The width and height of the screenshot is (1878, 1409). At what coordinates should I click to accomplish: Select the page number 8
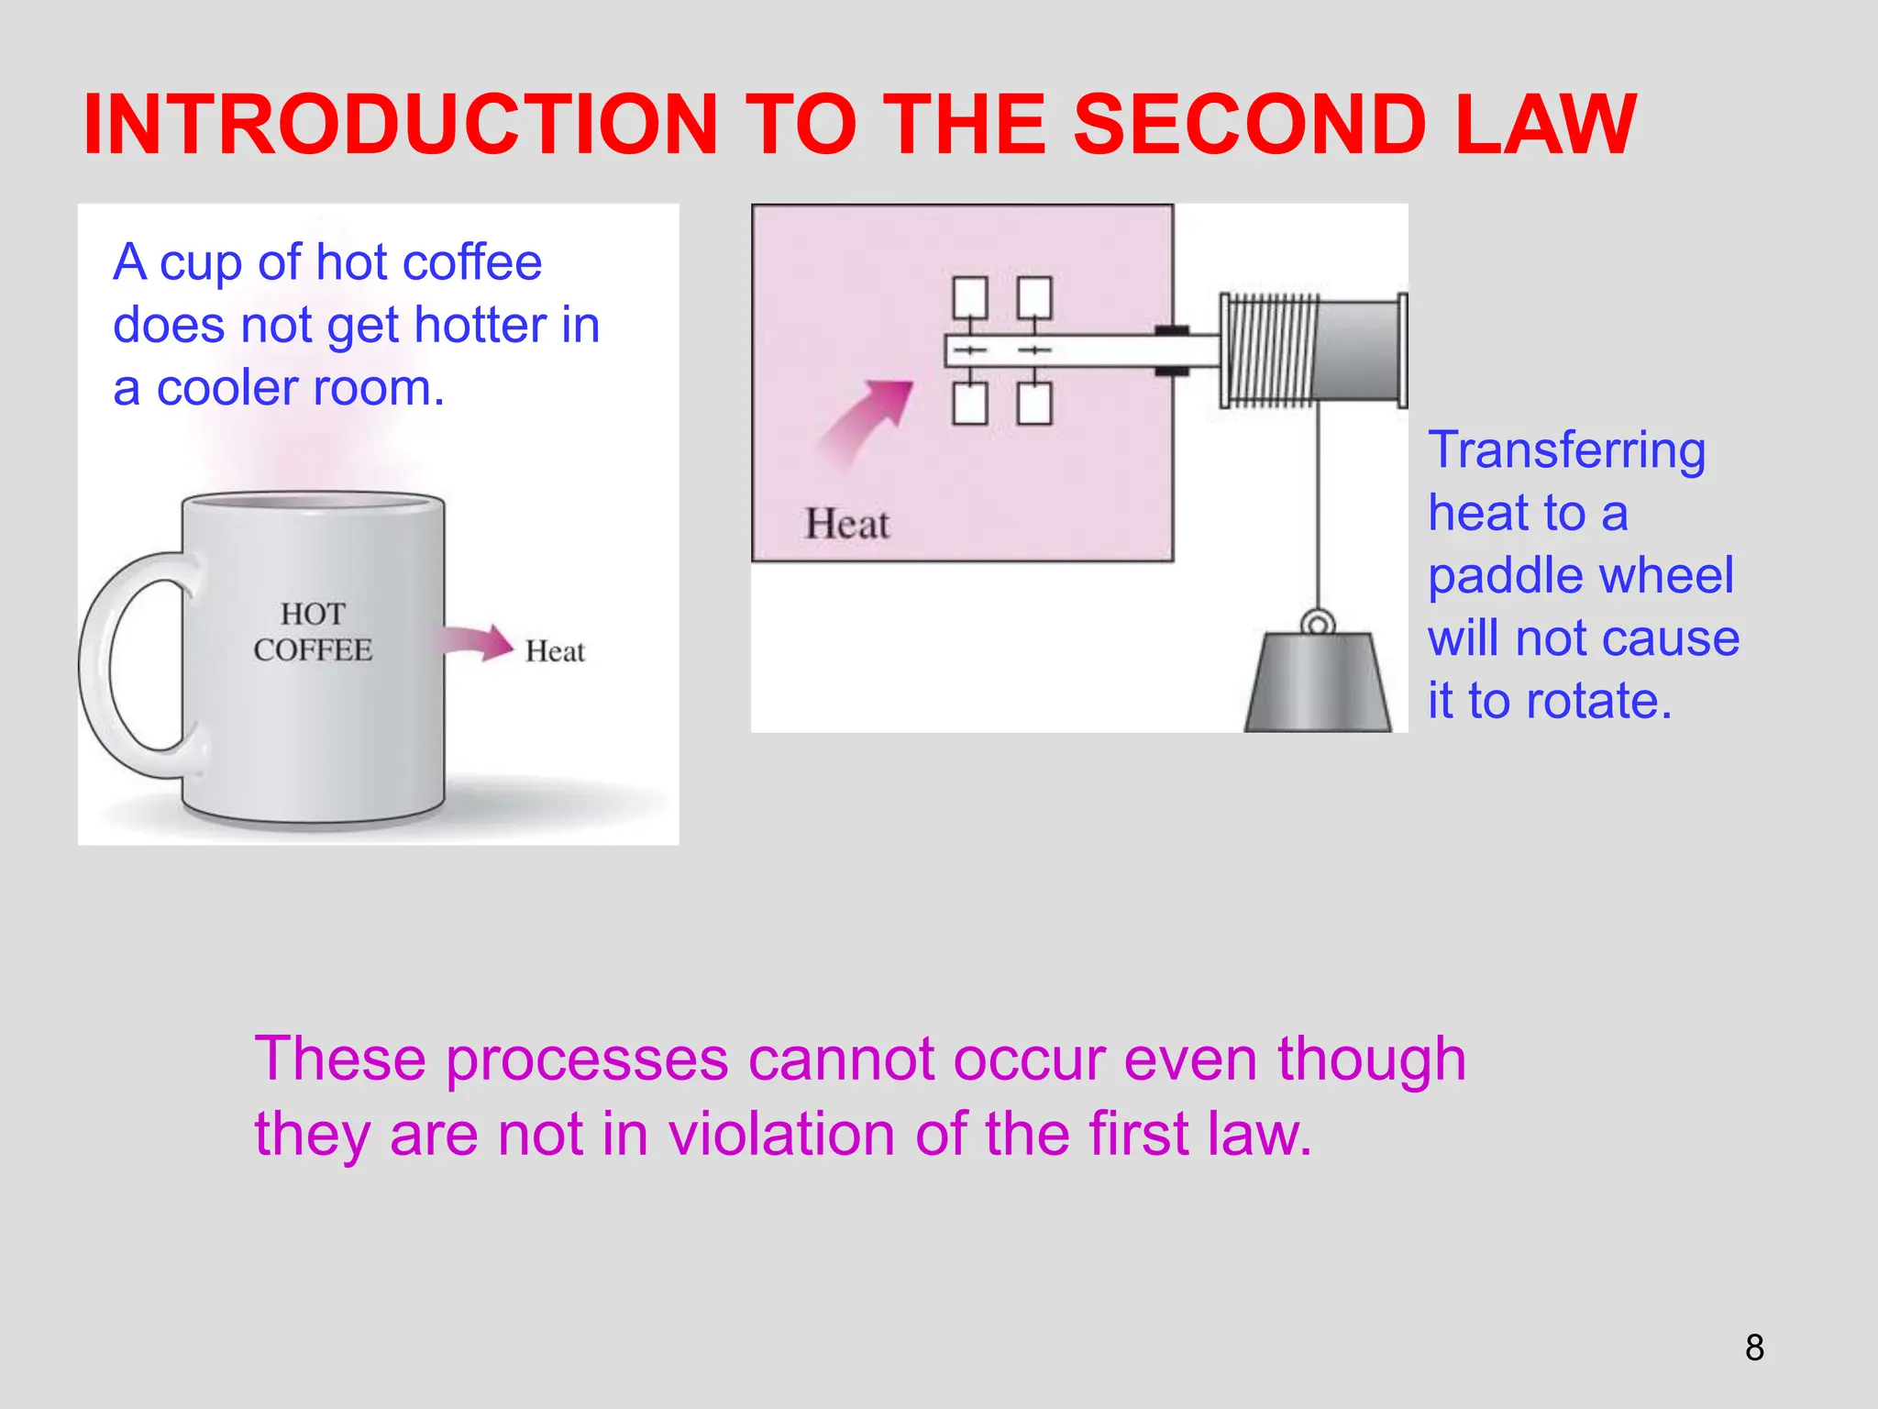(1754, 1348)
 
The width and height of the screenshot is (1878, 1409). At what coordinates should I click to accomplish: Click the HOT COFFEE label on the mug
(313, 632)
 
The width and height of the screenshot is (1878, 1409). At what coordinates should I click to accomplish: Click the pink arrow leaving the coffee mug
(477, 642)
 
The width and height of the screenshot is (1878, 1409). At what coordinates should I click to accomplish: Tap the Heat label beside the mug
(555, 651)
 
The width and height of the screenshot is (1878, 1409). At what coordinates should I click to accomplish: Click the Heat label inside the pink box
(846, 524)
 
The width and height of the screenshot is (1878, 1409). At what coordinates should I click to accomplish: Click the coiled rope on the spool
(1270, 350)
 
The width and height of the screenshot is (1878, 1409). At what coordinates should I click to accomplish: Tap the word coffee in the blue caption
(472, 263)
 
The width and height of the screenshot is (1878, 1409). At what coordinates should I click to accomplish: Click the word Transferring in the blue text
(1567, 450)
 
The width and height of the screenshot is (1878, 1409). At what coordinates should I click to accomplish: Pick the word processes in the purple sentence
(587, 1060)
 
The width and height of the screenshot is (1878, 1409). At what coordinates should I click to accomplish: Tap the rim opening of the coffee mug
(313, 502)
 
